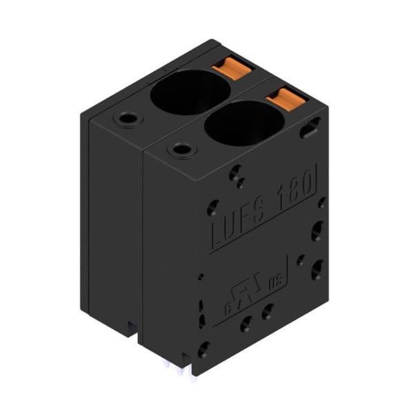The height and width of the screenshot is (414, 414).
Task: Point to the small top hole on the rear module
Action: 126,119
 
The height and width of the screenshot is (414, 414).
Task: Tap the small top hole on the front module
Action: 181,148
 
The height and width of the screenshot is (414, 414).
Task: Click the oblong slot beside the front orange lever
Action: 310,128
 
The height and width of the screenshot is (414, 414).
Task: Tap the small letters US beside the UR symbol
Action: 275,279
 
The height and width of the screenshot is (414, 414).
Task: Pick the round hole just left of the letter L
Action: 213,207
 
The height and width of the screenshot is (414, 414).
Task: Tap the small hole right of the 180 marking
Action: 321,203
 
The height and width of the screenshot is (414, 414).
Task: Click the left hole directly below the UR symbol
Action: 246,322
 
